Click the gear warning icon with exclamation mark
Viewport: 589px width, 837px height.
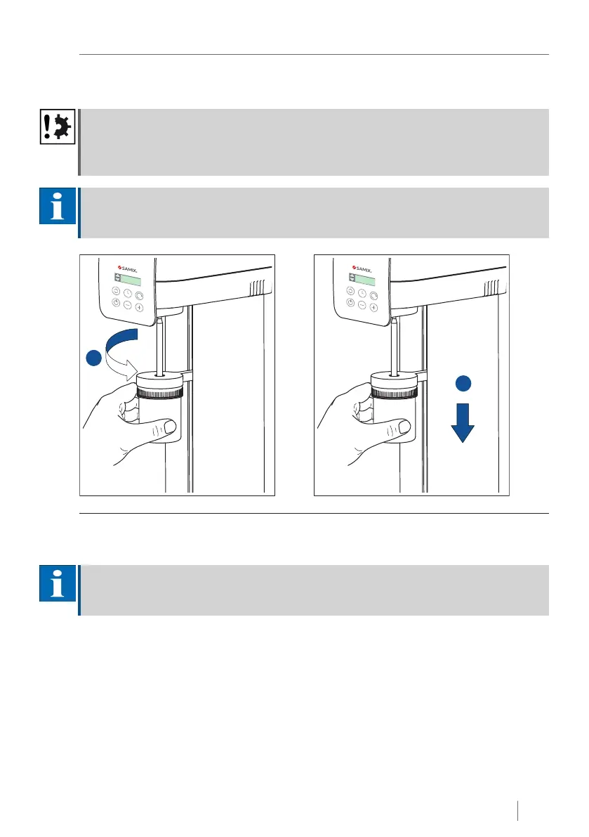pyautogui.click(x=58, y=127)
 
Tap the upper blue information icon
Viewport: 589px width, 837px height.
pyautogui.click(x=58, y=206)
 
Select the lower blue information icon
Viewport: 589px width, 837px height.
pyautogui.click(x=58, y=583)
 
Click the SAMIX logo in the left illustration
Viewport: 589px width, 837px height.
pyautogui.click(x=127, y=268)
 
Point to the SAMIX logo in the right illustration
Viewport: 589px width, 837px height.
pyautogui.click(x=362, y=268)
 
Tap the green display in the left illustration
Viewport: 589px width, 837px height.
pyautogui.click(x=131, y=280)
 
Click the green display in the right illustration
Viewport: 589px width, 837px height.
pyautogui.click(x=365, y=280)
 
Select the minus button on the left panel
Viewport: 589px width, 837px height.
pyautogui.click(x=127, y=305)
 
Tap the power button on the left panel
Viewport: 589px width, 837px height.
pyautogui.click(x=116, y=302)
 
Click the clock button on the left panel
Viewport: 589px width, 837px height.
pyautogui.click(x=128, y=293)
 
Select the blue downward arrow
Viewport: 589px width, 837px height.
pyautogui.click(x=463, y=423)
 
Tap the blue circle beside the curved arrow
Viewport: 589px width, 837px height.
pyautogui.click(x=94, y=358)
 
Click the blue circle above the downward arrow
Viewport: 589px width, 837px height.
pyautogui.click(x=463, y=383)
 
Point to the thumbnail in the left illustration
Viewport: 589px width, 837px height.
pyautogui.click(x=170, y=427)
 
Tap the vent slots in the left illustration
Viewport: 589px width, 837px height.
pyautogui.click(x=258, y=289)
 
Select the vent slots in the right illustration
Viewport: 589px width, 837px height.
pyautogui.click(x=492, y=289)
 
